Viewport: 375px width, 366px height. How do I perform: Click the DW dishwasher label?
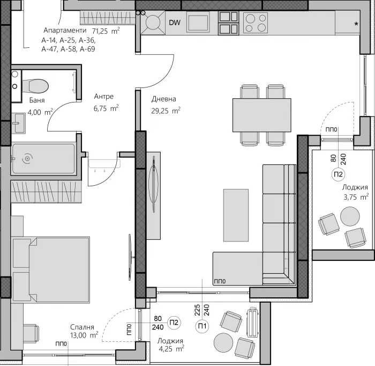pos(175,23)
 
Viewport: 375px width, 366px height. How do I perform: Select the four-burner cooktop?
pos(255,23)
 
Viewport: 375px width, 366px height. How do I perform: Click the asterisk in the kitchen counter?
pos(356,24)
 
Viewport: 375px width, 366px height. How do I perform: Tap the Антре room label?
pos(103,97)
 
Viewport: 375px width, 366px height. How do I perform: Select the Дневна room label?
pos(163,99)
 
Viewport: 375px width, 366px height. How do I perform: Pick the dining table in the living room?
pos(262,114)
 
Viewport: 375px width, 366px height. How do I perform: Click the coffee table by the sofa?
pos(236,215)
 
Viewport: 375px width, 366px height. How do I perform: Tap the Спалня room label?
pos(82,327)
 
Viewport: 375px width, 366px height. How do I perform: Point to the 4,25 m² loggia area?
pos(171,349)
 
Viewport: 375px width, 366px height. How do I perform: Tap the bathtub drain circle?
pos(28,158)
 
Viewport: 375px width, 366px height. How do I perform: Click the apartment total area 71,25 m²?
pos(106,31)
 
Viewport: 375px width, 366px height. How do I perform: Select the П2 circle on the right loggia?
pos(338,174)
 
